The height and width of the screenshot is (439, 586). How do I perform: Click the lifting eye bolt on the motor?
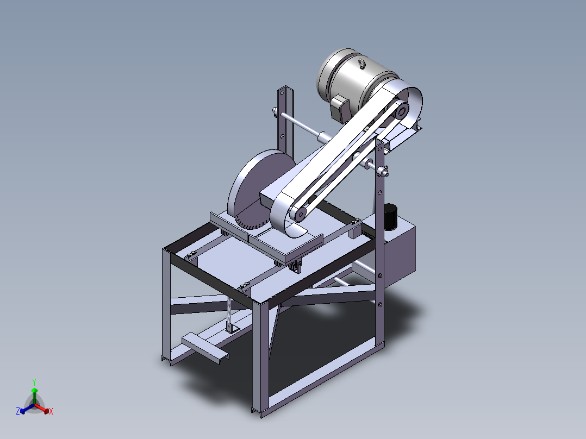coord(362,64)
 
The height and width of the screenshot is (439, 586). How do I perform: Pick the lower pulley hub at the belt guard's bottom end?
coord(300,214)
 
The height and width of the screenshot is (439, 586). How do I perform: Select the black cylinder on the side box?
coord(390,216)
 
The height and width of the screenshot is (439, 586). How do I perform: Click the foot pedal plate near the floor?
coord(205,347)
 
